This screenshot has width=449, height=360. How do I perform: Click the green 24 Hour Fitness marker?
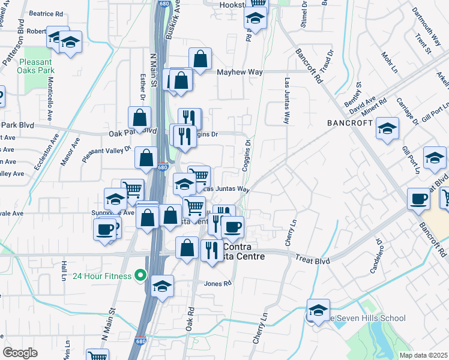[140, 276]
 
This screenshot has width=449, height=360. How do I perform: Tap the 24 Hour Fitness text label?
[103, 276]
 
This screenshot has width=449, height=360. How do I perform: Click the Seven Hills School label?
[372, 318]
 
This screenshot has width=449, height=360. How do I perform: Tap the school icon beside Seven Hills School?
[318, 310]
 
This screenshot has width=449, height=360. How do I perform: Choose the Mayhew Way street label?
[240, 72]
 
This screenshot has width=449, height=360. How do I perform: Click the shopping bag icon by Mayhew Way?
[200, 59]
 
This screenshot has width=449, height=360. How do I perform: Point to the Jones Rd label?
[218, 284]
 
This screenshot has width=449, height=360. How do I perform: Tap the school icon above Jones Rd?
[162, 286]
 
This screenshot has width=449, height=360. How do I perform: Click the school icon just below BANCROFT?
[387, 128]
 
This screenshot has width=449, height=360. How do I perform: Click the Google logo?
[20, 353]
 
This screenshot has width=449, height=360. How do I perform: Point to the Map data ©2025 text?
[424, 355]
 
